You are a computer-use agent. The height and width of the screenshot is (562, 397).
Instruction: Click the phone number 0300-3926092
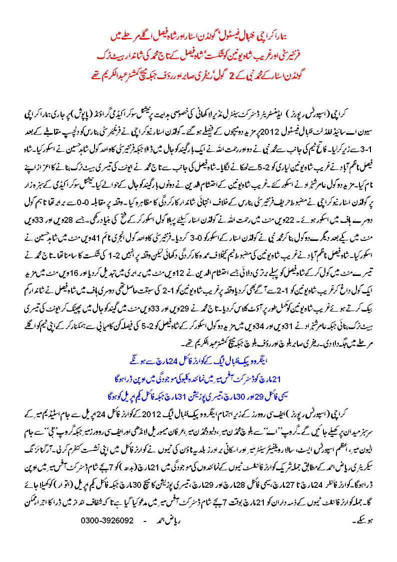coord(107,520)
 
